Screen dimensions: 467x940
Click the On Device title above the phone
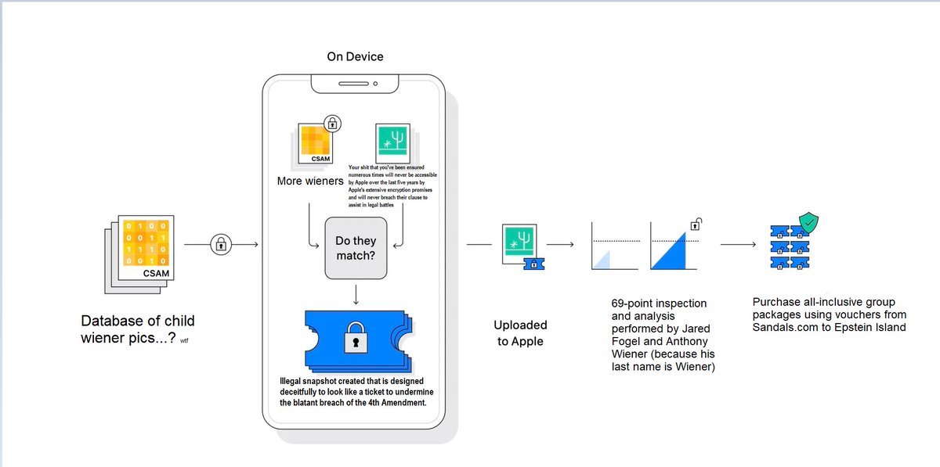click(x=355, y=57)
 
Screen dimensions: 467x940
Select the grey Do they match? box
click(x=356, y=248)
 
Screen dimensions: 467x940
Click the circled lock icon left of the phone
click(x=221, y=245)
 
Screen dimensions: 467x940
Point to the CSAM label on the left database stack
click(x=157, y=273)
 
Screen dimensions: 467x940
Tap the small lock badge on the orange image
click(x=333, y=123)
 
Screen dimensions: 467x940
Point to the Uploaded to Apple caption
click(x=520, y=332)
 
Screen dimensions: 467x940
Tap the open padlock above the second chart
click(x=694, y=225)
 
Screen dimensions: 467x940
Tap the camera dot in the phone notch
click(x=375, y=83)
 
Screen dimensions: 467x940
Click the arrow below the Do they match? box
click(x=356, y=295)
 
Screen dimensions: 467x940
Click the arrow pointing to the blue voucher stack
click(x=738, y=245)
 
